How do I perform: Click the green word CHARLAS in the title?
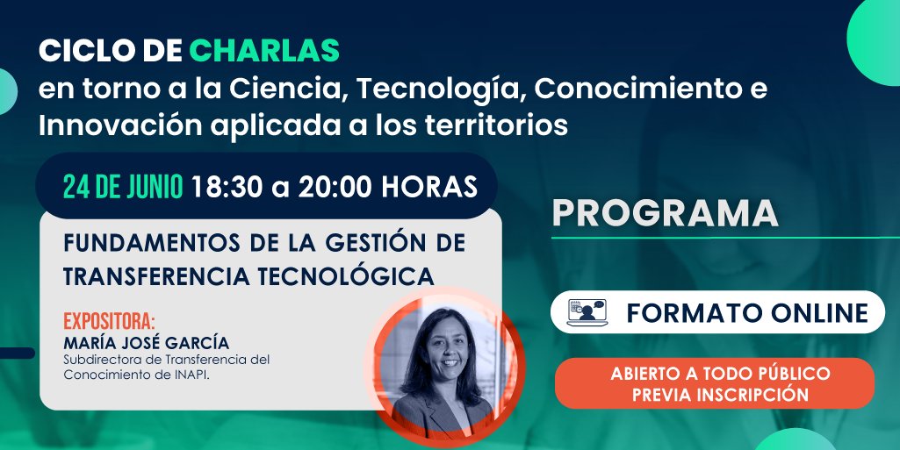point(263,51)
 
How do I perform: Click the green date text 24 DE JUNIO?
point(122,186)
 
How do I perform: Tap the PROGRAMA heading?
point(666,214)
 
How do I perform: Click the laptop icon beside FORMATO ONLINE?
point(587,313)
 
